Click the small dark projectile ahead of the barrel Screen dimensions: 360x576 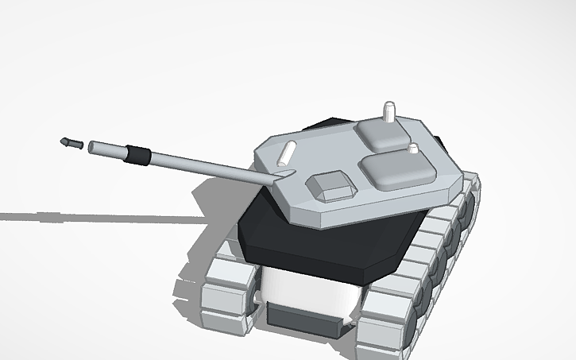70,143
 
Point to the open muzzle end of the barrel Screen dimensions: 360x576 93,146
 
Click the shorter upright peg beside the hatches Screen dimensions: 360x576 412,149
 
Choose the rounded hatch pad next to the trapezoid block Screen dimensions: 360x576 398,170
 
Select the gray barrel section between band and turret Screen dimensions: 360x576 207,165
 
